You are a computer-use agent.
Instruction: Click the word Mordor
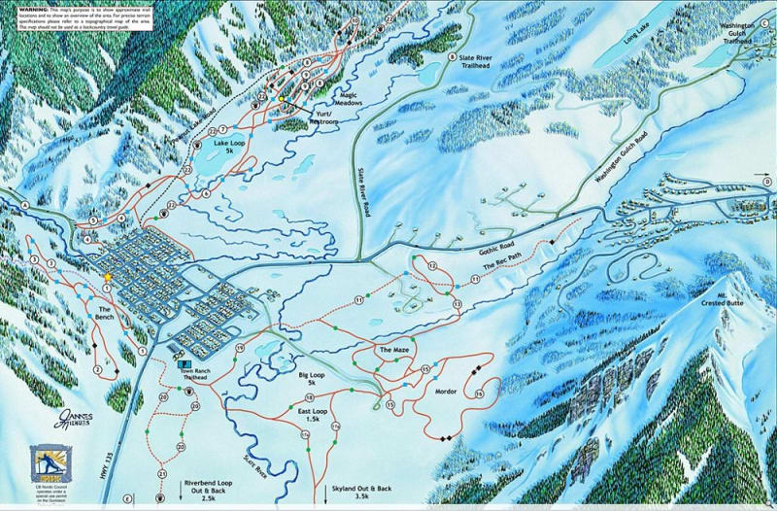(x=446, y=391)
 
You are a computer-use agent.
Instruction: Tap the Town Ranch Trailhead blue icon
(x=179, y=346)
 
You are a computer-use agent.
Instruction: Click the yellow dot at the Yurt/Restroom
(x=282, y=99)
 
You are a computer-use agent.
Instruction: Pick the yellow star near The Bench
(x=108, y=277)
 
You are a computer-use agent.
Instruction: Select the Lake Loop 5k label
(x=231, y=148)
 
